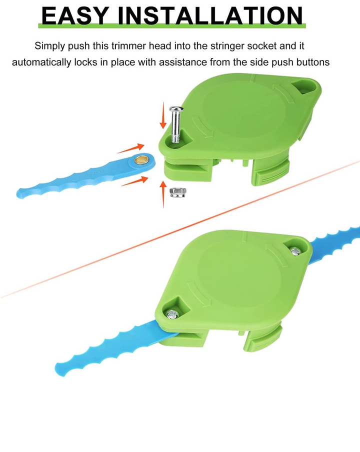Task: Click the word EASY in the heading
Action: pos(75,15)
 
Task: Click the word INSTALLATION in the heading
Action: pos(210,15)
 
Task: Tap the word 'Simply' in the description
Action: pos(49,46)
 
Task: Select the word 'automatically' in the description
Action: pos(41,62)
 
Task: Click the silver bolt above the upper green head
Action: pos(176,124)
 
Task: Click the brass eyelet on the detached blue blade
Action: pos(141,159)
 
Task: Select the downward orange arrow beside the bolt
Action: pos(163,115)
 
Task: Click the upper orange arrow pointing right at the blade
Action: pos(131,148)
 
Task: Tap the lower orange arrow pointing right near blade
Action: pos(135,181)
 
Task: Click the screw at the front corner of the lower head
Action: pos(172,314)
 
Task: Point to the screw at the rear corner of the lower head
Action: pos(296,251)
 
